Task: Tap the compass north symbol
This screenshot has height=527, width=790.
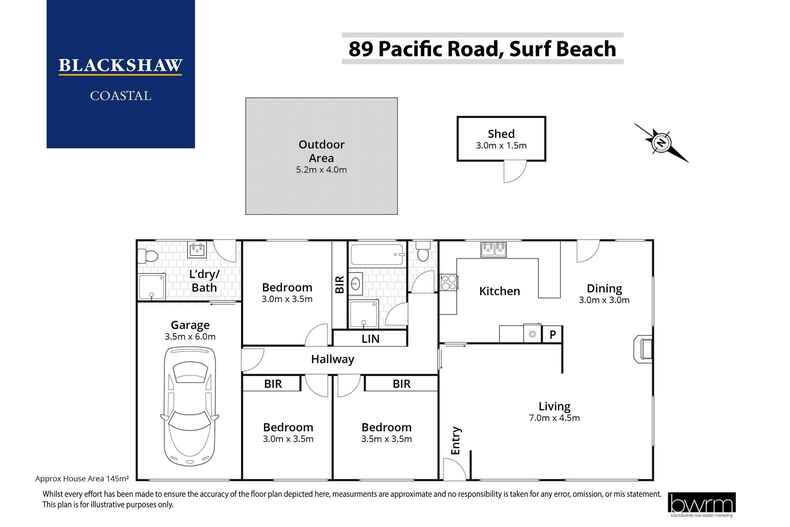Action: click(x=660, y=141)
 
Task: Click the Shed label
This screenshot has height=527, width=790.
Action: click(x=501, y=134)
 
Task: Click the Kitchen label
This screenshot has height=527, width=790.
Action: click(x=499, y=291)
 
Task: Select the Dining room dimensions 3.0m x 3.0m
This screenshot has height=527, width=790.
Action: click(x=603, y=298)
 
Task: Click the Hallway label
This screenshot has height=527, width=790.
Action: click(x=332, y=359)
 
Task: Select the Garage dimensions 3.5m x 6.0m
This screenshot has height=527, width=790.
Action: click(x=188, y=338)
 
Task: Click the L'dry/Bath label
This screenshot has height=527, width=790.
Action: click(x=204, y=281)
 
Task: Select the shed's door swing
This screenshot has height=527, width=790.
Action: click(x=512, y=172)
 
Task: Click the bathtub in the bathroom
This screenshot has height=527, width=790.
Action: click(x=378, y=255)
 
